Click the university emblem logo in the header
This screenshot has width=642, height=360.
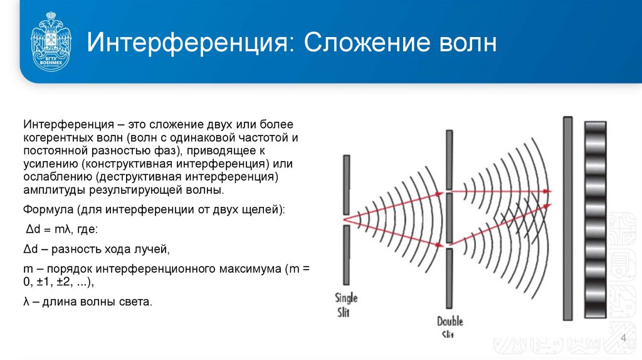point(51,43)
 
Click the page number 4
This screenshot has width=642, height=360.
point(623,339)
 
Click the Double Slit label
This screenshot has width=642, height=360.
point(450,326)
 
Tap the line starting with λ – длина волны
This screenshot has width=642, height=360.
point(88,302)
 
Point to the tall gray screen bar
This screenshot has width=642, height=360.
point(567,218)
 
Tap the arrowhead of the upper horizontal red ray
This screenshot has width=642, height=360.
point(547,191)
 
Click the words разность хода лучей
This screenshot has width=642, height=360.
point(110,249)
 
